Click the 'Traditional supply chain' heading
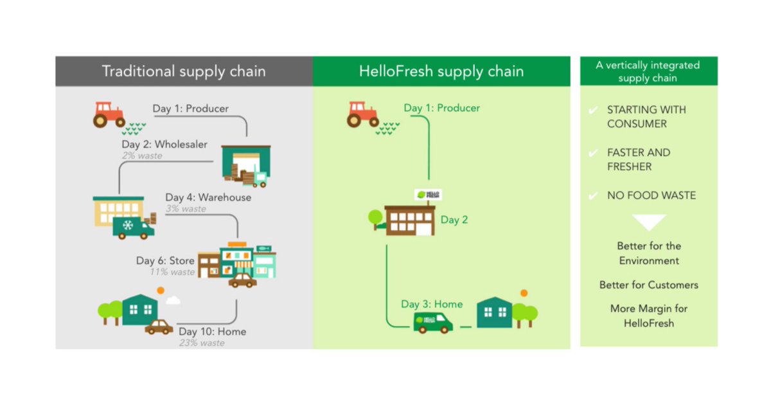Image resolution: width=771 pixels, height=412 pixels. (184, 71)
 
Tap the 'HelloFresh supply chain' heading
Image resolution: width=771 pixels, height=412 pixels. (441, 71)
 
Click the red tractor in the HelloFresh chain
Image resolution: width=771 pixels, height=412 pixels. (362, 114)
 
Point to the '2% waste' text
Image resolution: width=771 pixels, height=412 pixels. (142, 156)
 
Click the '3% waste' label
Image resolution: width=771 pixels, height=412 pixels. (186, 209)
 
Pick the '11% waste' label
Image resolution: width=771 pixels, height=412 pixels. (172, 272)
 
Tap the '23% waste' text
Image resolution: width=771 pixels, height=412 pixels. (202, 343)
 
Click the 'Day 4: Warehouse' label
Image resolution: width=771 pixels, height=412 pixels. (208, 197)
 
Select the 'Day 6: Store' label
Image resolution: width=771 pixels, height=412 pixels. (165, 261)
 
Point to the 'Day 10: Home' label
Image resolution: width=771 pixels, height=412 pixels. (212, 332)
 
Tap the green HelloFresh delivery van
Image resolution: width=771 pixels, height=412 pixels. (432, 321)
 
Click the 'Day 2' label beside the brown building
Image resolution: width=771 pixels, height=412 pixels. (454, 220)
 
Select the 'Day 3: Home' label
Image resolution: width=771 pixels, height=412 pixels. (432, 304)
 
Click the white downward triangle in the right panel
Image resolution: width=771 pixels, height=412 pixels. (649, 222)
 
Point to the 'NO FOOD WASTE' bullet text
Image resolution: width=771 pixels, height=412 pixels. (651, 195)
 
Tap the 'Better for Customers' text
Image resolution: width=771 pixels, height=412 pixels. (649, 285)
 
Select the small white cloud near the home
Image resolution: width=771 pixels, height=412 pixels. (172, 300)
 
